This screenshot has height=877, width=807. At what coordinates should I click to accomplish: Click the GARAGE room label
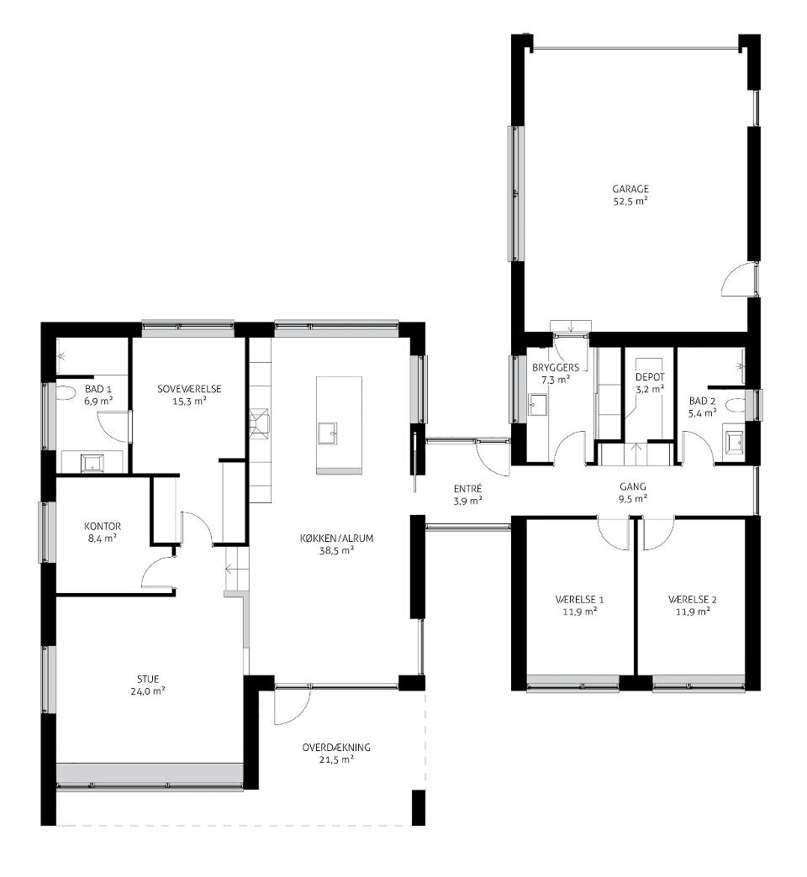coord(630,189)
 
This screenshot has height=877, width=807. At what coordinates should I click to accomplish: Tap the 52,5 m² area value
coord(630,202)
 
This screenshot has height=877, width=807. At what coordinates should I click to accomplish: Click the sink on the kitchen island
coord(327,433)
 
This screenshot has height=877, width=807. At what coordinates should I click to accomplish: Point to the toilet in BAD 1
coord(65,392)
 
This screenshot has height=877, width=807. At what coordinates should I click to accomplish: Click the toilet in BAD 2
coord(737,404)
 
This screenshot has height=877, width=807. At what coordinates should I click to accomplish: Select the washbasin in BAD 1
coord(92,463)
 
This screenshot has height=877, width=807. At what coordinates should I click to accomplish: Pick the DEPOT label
coord(650,377)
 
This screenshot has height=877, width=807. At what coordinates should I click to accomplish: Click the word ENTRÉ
coord(468,489)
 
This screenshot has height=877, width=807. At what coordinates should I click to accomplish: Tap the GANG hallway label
coord(633,486)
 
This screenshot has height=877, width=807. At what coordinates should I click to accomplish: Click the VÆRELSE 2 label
coord(693,600)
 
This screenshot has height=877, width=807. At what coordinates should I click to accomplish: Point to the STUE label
coord(148,679)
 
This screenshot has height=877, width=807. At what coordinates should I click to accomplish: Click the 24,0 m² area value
coord(148,691)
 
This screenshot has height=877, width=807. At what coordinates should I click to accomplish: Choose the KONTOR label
coord(103,527)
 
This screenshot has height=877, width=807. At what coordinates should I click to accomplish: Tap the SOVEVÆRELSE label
coord(189,389)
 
